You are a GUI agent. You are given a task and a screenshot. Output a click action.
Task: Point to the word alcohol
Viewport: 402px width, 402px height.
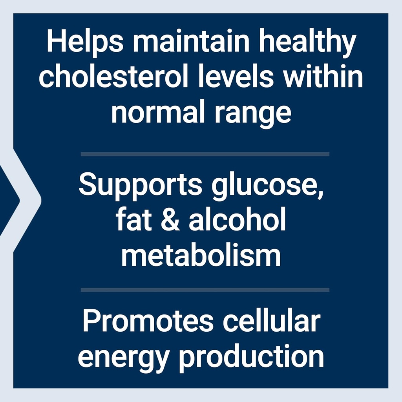coord(237,221)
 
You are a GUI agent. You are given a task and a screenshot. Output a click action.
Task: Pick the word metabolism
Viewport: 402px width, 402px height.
coord(201,256)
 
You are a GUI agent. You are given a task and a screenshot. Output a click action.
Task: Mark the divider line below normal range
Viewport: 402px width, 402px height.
coord(205,154)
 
